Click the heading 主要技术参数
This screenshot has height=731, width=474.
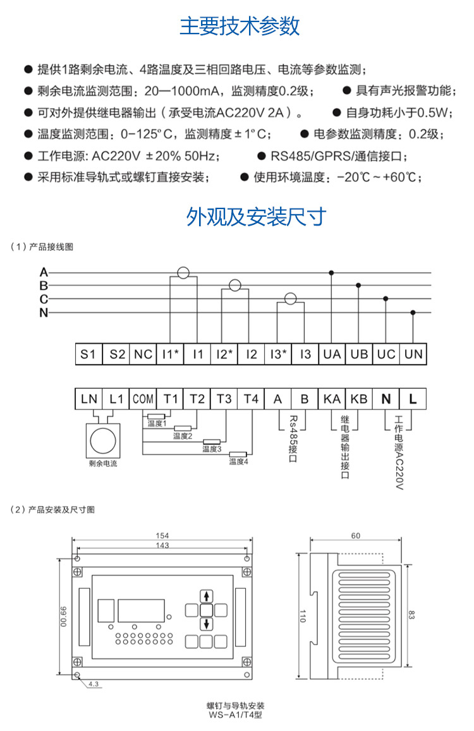240,27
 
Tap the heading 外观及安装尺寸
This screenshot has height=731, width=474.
256,217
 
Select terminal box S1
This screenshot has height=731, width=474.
88,354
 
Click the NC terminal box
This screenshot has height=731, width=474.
143,354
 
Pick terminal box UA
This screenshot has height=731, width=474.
332,354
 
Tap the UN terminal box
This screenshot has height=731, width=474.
413,354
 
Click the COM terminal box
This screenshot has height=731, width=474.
143,399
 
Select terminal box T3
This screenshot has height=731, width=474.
224,399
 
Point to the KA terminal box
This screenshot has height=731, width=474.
332,399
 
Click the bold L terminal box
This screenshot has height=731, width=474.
413,399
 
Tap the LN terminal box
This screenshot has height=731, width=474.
89,399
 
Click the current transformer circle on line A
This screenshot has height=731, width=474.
183,273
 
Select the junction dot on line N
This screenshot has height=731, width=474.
413,312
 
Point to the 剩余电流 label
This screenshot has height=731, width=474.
103,463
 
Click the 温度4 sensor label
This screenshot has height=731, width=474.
238,462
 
